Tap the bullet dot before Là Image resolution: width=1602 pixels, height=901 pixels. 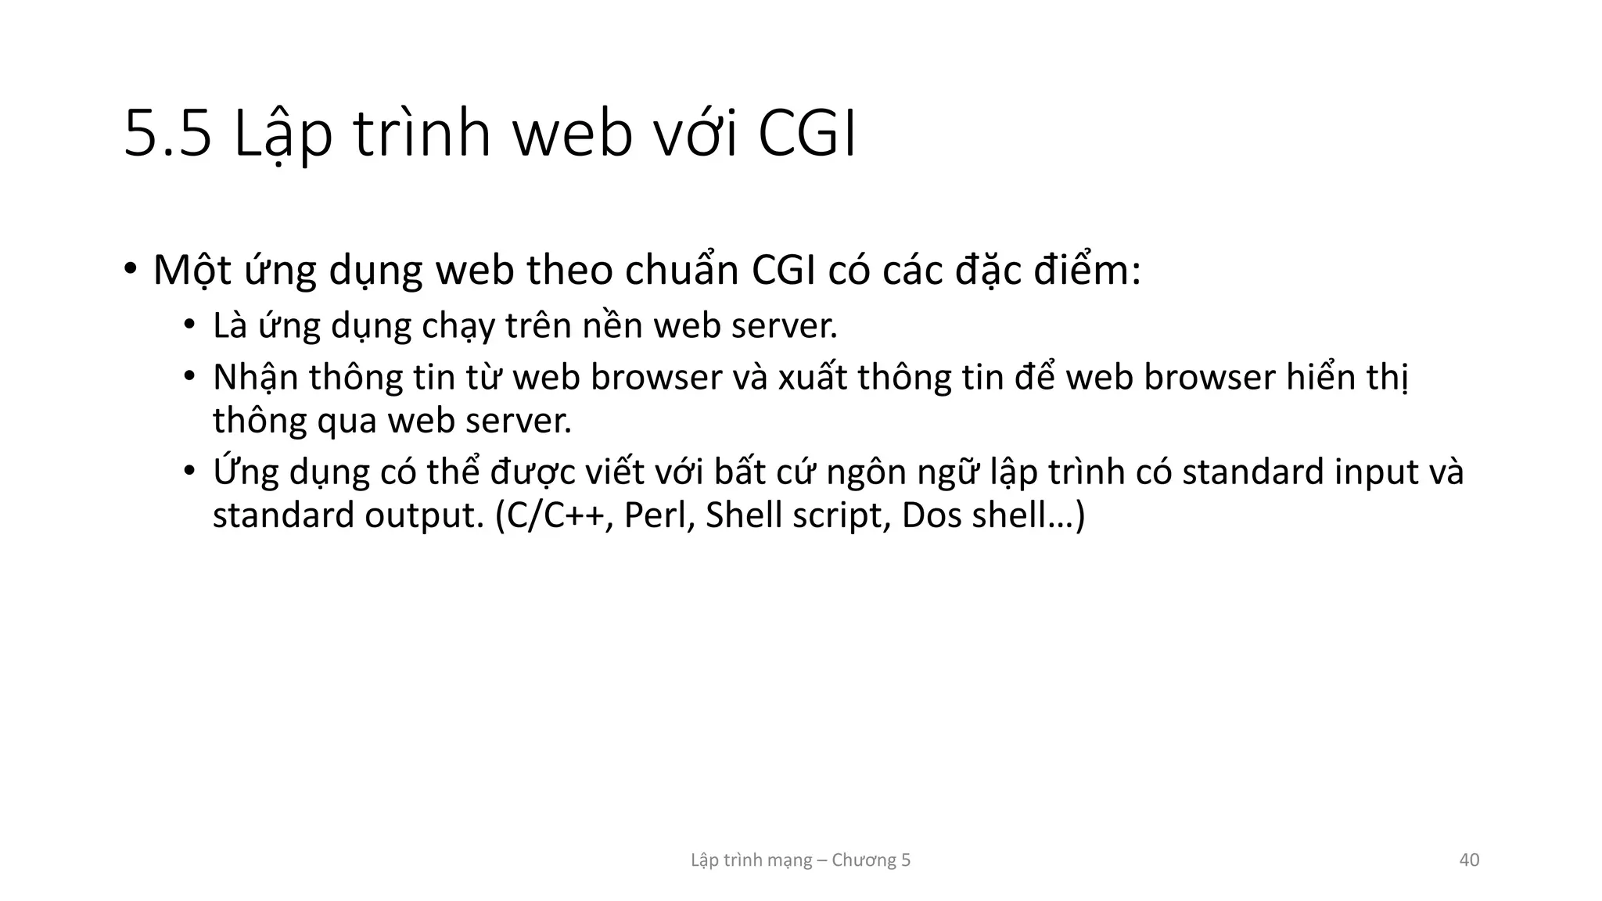(189, 325)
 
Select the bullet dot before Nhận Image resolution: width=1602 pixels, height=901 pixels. (189, 377)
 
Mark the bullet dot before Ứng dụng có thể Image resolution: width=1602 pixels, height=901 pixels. (189, 472)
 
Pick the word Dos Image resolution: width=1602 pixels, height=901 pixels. (932, 516)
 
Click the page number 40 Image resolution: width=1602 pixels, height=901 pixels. (1469, 860)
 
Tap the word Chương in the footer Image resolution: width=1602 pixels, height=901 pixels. (864, 860)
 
